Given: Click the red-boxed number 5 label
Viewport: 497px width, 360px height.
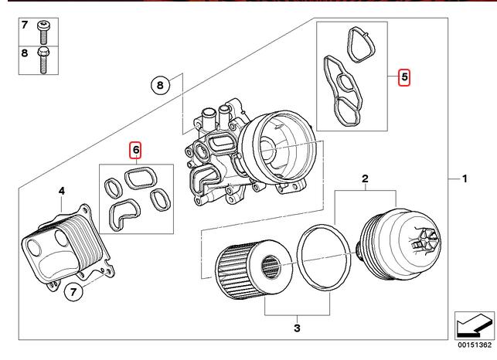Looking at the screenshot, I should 404,77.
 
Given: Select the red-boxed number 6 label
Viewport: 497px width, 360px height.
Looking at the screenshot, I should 134,149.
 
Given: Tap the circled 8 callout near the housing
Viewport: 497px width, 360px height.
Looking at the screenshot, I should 159,86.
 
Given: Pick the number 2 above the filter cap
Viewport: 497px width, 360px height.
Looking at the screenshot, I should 365,179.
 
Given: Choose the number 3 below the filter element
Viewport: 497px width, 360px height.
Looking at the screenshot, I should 296,328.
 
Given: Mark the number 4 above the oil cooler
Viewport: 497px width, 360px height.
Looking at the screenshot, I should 62,189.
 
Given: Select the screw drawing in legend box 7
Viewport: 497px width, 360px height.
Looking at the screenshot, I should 44,31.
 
